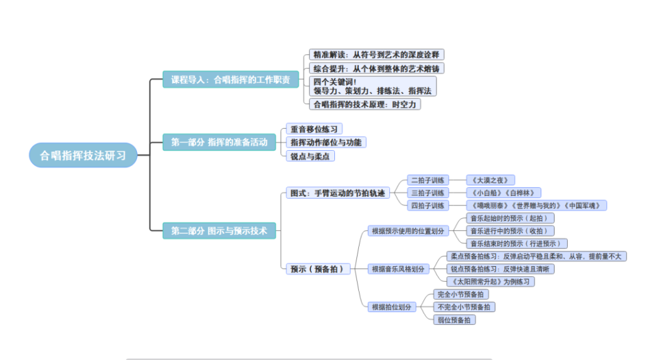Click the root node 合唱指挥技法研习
click(83, 154)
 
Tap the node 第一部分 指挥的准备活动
click(219, 142)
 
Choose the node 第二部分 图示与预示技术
click(219, 231)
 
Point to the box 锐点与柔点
click(310, 156)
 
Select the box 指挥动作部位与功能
click(326, 142)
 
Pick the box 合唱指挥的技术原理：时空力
click(365, 105)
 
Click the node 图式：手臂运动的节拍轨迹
click(337, 193)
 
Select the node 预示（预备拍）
click(318, 269)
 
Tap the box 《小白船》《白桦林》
click(503, 193)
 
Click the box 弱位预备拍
click(454, 320)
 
